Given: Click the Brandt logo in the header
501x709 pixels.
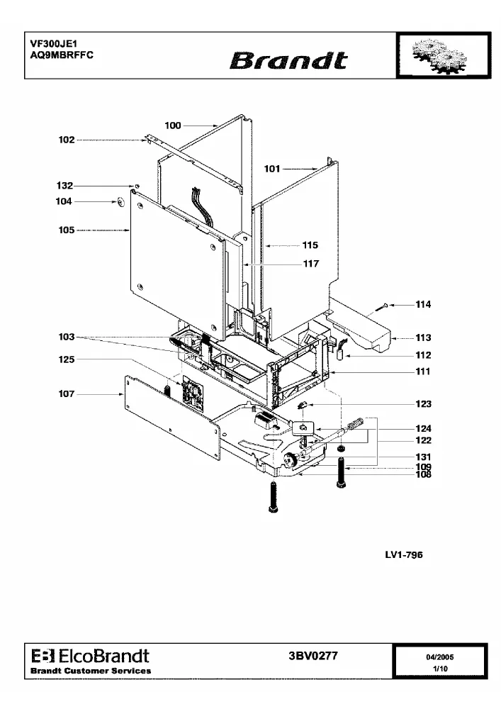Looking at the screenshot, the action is point(288,60).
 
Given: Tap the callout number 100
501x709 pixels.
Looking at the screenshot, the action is point(173,125).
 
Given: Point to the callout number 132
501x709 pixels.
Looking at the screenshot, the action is point(64,185).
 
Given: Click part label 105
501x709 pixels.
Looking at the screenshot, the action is point(67,230).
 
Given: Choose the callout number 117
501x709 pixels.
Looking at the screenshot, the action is point(311,264).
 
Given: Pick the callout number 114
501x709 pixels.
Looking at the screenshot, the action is point(423,304).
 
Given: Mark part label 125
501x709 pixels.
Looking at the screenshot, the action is point(67,359).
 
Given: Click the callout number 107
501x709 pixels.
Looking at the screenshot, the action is point(67,393).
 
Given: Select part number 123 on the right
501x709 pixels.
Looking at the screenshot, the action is point(424,404).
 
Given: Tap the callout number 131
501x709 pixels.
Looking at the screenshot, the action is point(423,457).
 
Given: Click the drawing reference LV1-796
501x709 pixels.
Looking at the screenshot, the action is point(404,554).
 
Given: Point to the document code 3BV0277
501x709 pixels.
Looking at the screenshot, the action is point(313,656).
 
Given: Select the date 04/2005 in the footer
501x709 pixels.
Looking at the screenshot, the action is point(439,657).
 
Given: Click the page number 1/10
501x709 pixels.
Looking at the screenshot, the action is point(440,669).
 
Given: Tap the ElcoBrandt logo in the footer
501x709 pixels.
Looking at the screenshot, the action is point(91,656).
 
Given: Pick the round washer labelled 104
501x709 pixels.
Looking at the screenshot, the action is point(120,201).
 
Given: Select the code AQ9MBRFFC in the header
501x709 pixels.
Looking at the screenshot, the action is point(62,55).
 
